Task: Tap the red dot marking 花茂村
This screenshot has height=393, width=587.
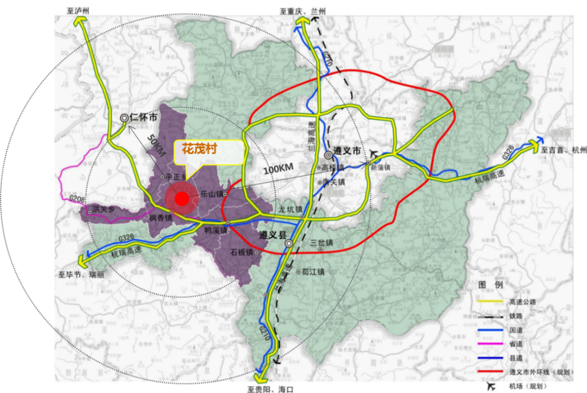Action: coord(181,199)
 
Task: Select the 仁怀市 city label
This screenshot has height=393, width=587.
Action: coord(143,117)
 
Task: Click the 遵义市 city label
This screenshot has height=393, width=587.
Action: coord(348,152)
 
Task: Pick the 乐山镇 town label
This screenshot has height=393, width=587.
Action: coord(212,194)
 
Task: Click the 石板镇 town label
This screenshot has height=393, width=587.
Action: coord(242,251)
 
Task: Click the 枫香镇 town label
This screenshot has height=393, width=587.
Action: coord(161,218)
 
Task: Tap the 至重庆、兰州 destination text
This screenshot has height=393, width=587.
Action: coord(303,11)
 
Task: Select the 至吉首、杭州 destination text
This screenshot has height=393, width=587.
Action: coord(564,150)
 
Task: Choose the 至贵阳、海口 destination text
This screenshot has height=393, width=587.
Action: coord(270,389)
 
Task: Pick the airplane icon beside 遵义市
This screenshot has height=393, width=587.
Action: coord(374,153)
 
